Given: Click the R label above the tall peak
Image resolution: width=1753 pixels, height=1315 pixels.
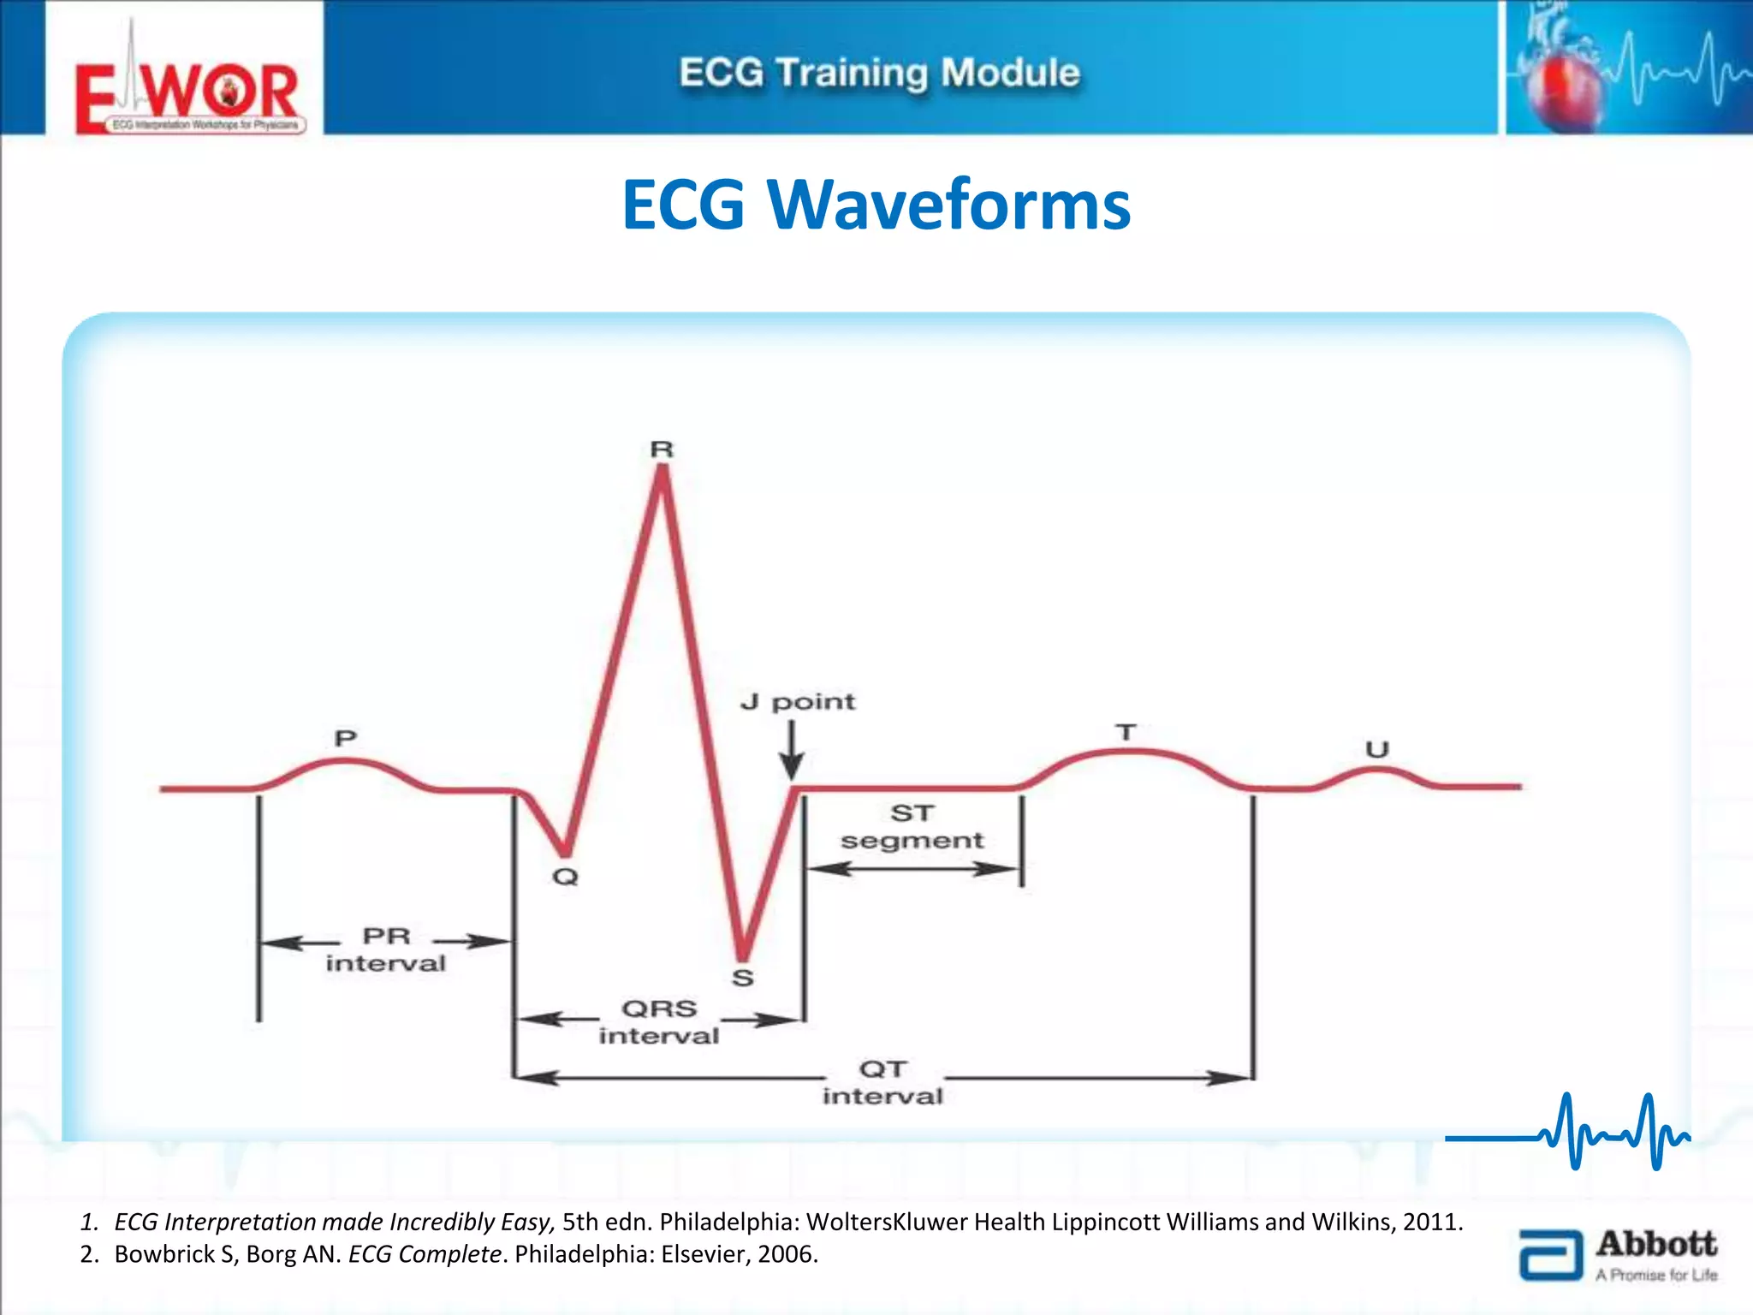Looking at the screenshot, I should pos(662,449).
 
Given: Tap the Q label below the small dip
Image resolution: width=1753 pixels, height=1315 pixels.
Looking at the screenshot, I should pos(565,877).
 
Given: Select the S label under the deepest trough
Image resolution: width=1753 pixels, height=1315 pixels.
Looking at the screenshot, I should pos(743,978).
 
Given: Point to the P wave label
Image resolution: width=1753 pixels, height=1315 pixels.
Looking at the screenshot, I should pos(345,738).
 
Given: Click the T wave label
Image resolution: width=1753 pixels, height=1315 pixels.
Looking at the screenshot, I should pos(1126,733).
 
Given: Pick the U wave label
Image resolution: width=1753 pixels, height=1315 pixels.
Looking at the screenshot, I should pos(1376,750).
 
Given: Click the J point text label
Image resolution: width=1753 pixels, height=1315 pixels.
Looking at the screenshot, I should pos(798,702).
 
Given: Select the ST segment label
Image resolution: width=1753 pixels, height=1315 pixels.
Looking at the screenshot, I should pos(912,826).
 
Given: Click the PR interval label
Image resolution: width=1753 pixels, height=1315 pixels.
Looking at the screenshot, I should pos(386,949).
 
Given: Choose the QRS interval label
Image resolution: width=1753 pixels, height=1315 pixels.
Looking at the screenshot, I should pos(659,1021).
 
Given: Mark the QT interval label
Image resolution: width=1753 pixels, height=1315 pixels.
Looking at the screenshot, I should pos(882,1082).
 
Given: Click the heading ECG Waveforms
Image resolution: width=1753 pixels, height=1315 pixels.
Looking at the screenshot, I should pos(876,205).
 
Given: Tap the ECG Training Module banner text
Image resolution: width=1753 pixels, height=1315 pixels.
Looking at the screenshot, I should pos(879,73).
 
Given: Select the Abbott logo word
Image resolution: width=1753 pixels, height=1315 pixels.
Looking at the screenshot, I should pos(1655,1243).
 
